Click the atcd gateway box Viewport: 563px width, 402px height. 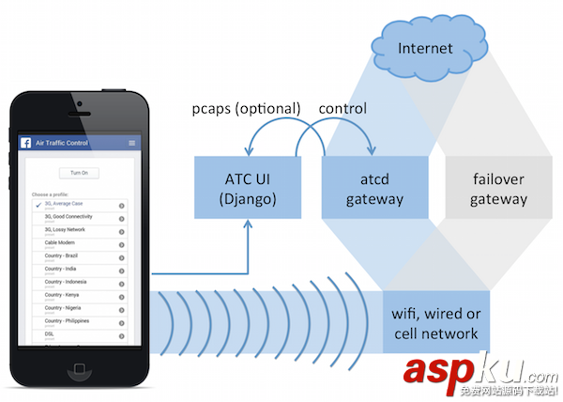coord(374,186)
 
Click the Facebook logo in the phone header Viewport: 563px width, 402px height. coord(27,143)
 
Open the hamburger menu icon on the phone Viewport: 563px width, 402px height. coord(132,143)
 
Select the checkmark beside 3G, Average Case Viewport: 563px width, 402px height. coord(37,204)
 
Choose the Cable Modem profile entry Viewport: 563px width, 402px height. coord(60,242)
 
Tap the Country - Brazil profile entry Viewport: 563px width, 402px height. coord(63,255)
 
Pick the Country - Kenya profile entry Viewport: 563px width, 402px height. coord(63,295)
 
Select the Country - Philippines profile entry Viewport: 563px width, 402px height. coord(67,321)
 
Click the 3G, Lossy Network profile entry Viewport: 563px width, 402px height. coord(65,229)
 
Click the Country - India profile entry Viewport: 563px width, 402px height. coord(62,269)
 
